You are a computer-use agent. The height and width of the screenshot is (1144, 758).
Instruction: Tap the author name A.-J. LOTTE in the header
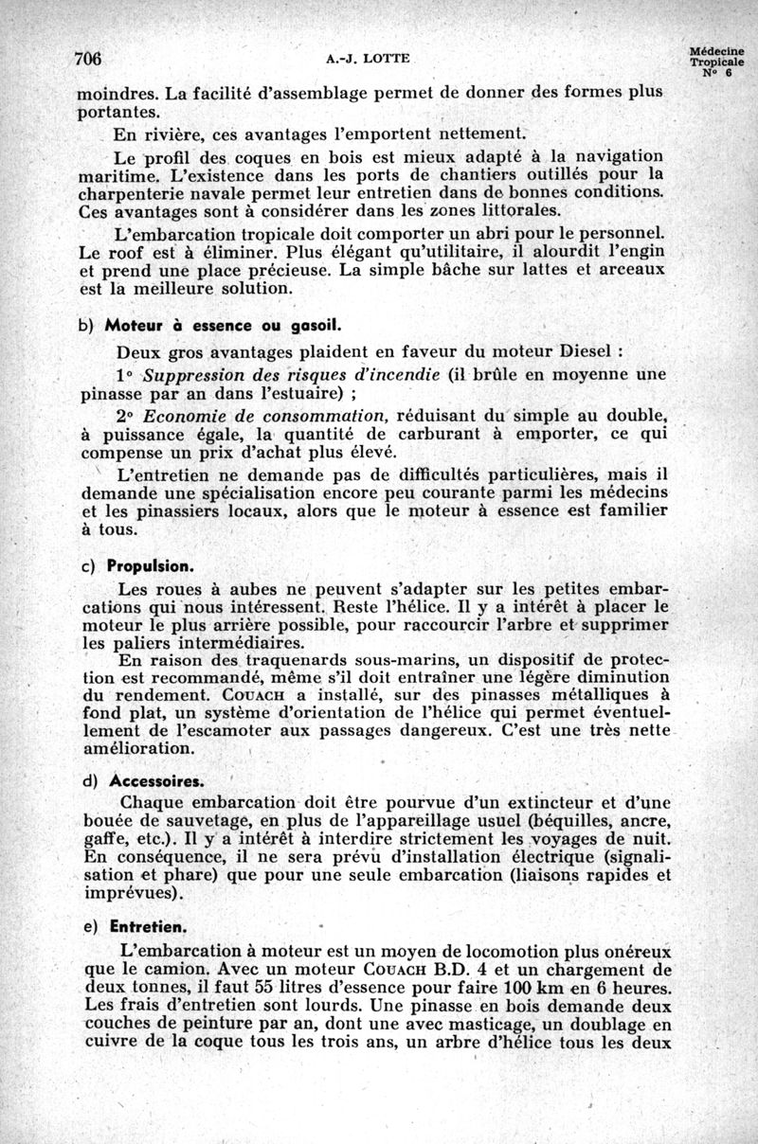pos(368,59)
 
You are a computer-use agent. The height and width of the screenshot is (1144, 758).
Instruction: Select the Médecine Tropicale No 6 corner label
pos(716,63)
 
